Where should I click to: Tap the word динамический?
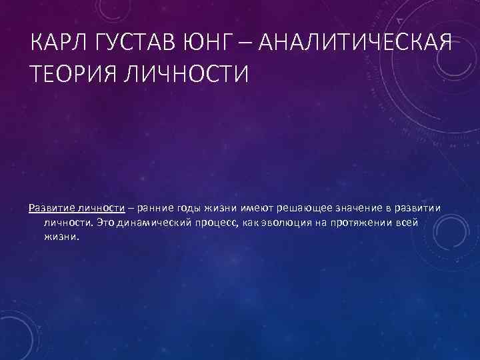[x=153, y=221]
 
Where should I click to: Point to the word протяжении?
[x=364, y=221]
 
